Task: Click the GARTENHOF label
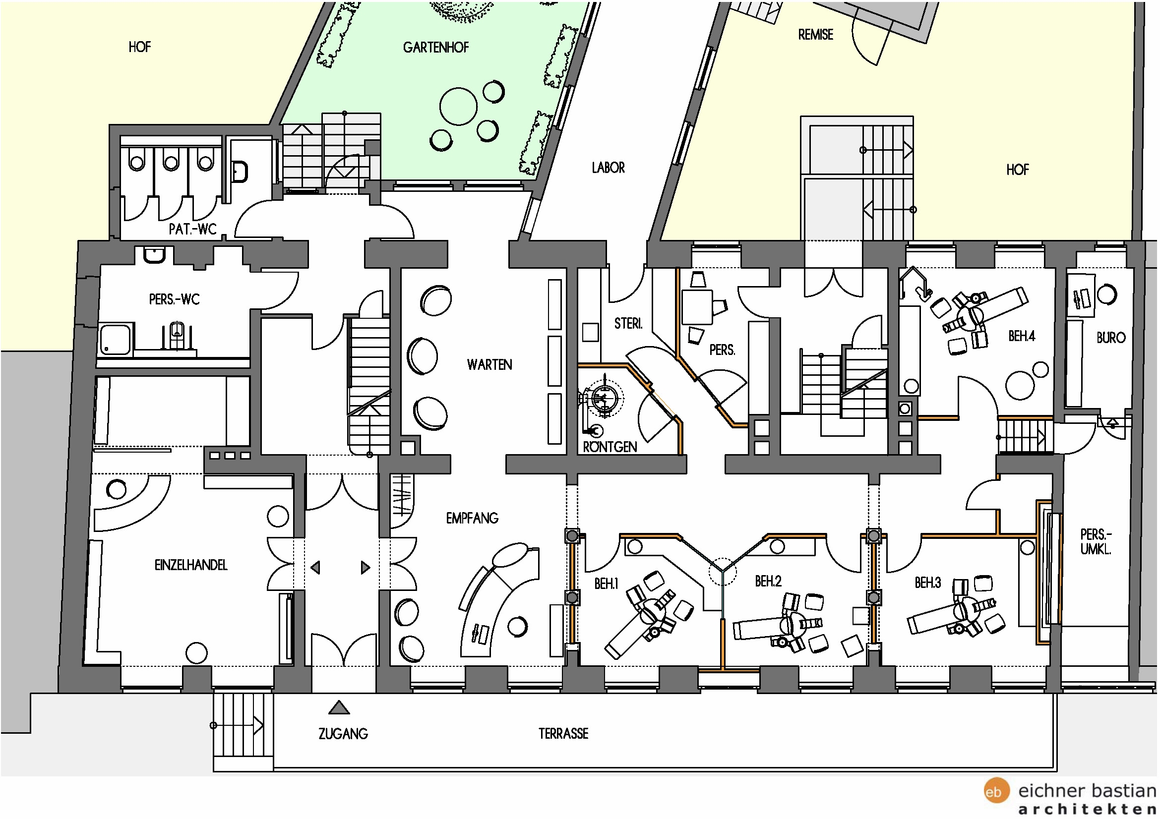[x=435, y=48]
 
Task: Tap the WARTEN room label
[x=489, y=364]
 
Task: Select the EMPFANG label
[x=472, y=518]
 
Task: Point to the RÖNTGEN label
[x=610, y=446]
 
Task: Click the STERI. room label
[x=628, y=323]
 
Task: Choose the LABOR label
[x=609, y=168]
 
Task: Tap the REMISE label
[x=815, y=35]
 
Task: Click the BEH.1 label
[x=606, y=584]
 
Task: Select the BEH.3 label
[x=927, y=583]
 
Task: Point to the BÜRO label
[x=1110, y=337]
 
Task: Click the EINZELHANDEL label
[x=191, y=565]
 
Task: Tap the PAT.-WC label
[x=192, y=229]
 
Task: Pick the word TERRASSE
[x=563, y=733]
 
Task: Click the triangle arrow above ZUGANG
[x=339, y=708]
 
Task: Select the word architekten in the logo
[x=1087, y=810]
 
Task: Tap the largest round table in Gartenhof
[x=458, y=106]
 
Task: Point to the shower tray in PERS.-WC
[x=116, y=339]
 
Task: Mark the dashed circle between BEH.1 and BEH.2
[x=723, y=572]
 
